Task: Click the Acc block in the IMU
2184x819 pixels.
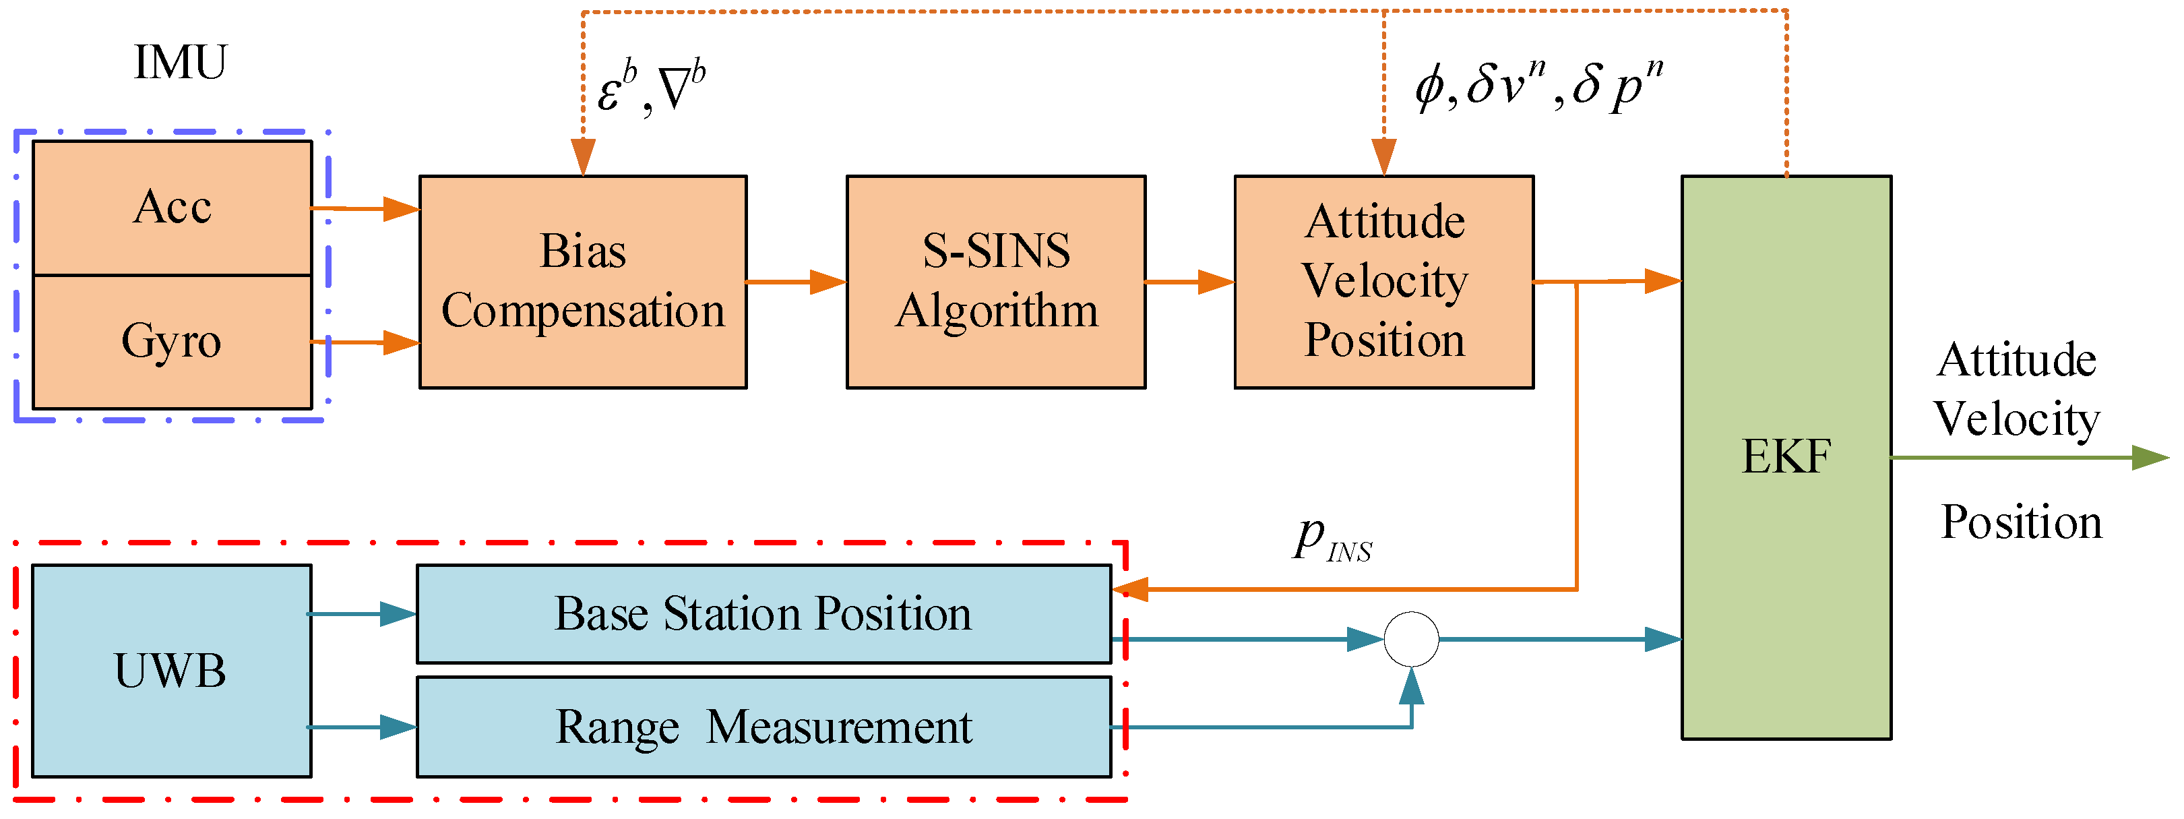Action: tap(172, 208)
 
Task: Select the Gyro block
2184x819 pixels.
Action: tap(172, 342)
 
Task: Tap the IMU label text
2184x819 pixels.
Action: tap(180, 63)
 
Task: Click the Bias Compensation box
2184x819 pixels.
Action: tap(584, 282)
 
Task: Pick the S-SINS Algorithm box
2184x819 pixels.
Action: tap(996, 282)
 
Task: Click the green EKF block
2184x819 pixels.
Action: tap(1786, 457)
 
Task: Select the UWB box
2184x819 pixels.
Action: tap(171, 671)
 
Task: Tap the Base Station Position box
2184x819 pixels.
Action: tap(763, 614)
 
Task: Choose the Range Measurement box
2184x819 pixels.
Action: tap(763, 727)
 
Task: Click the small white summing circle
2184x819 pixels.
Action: tap(1411, 639)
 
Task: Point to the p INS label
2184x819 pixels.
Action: tap(1331, 539)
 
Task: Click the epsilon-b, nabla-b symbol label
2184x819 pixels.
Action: tap(651, 88)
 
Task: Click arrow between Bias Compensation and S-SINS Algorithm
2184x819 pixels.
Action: tap(797, 282)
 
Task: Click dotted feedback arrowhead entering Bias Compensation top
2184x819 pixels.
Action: tap(584, 157)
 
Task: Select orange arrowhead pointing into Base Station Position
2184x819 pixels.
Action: tap(1130, 588)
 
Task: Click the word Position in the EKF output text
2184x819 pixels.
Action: tap(2021, 522)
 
